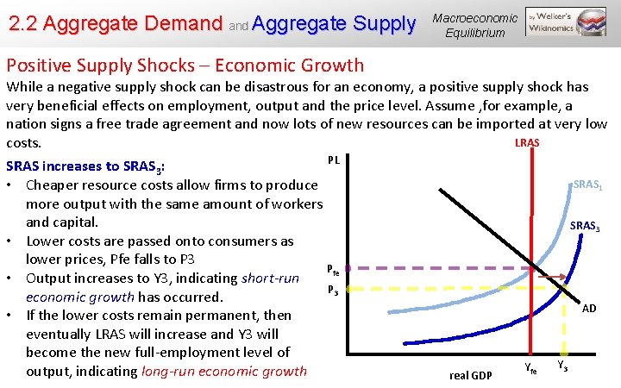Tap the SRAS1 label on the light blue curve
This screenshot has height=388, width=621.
pos(587,185)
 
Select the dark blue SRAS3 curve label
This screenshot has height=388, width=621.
pos(586,226)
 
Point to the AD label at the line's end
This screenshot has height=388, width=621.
pos(588,308)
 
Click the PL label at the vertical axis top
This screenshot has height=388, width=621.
pos(334,160)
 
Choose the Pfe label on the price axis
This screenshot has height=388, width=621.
pos(332,269)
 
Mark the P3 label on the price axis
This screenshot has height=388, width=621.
pos(333,290)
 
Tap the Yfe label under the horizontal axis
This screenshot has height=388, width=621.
pos(530,369)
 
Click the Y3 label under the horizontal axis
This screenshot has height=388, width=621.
pos(562,366)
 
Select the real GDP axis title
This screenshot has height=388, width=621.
pos(471,374)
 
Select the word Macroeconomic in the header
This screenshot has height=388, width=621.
pos(475,18)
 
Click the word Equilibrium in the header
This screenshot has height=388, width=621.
pos(475,33)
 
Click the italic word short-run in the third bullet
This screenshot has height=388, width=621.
pos(270,278)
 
